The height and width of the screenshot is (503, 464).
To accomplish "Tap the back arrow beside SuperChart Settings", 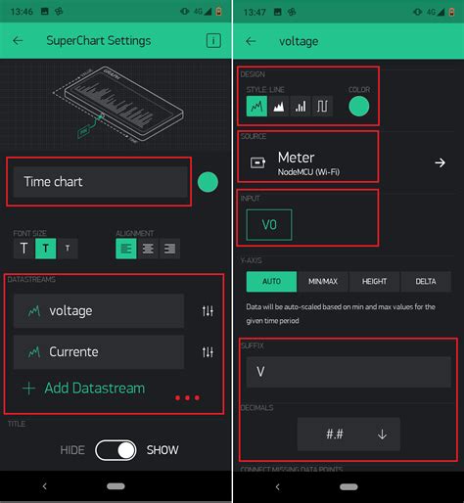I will pyautogui.click(x=18, y=41).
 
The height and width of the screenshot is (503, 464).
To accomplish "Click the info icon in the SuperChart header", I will pyautogui.click(x=212, y=41).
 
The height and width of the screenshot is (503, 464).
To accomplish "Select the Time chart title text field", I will pyautogui.click(x=100, y=182).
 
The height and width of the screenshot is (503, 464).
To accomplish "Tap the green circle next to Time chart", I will pyautogui.click(x=208, y=182).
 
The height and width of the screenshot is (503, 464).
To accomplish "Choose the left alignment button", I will pyautogui.click(x=126, y=250).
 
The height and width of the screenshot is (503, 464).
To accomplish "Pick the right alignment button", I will pyautogui.click(x=169, y=250).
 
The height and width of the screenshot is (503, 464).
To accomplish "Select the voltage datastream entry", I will pyautogui.click(x=99, y=310).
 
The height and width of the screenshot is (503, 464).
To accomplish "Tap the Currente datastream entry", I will pyautogui.click(x=99, y=351).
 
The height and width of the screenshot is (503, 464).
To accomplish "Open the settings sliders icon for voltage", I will pyautogui.click(x=208, y=310).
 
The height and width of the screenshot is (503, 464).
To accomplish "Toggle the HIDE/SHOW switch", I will pyautogui.click(x=116, y=450).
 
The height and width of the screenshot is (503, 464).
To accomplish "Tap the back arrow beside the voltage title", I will pyautogui.click(x=251, y=41).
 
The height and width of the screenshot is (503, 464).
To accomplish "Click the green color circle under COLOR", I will pyautogui.click(x=359, y=107).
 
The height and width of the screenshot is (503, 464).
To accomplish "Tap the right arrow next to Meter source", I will pyautogui.click(x=440, y=162).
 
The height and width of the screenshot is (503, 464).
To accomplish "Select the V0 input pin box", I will pyautogui.click(x=269, y=224).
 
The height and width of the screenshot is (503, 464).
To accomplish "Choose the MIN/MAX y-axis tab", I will pyautogui.click(x=323, y=282).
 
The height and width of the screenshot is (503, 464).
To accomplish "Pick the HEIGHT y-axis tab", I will pyautogui.click(x=374, y=282).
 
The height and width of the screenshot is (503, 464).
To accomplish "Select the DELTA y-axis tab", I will pyautogui.click(x=425, y=282).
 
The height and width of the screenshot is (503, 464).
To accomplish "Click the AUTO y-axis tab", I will pyautogui.click(x=270, y=282).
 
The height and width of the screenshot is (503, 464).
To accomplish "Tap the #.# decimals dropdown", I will pyautogui.click(x=348, y=434).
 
